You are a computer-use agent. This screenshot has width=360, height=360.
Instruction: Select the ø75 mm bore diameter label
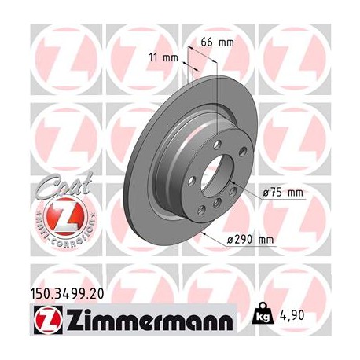(282, 190)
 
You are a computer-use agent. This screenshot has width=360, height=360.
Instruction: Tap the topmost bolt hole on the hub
(218, 145)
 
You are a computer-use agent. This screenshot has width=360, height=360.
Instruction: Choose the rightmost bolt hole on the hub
(243, 152)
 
